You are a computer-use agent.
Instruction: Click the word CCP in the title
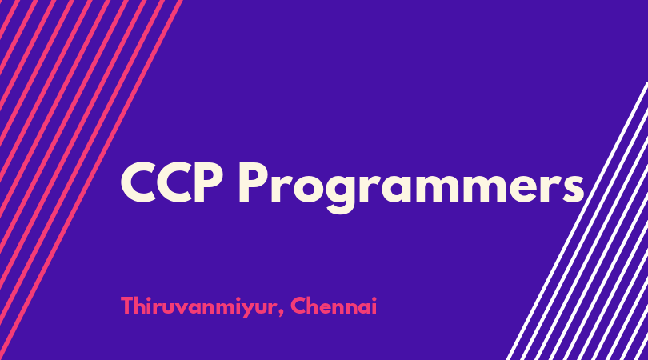pos(171,182)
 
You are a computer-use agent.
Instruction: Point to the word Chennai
pos(334,306)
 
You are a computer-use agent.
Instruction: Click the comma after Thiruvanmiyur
pos(281,313)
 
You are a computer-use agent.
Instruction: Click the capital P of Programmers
pos(252,182)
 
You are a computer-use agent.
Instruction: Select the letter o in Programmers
pos(305,189)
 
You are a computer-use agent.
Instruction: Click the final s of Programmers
pos(571,189)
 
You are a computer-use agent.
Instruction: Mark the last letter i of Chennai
pos(374,306)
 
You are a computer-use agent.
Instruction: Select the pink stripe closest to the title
pos(91,180)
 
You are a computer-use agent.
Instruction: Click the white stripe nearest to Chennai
pos(578,221)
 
